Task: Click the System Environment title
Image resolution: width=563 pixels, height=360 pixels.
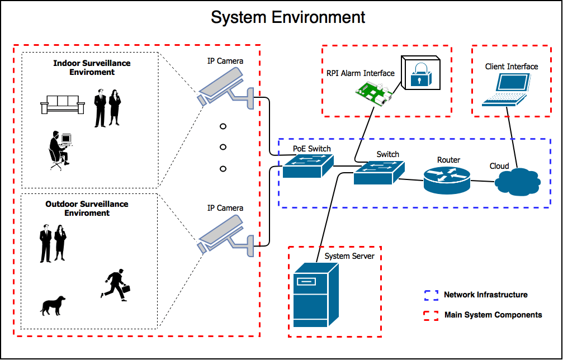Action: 288,17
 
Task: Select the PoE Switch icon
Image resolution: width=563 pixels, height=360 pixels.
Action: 307,166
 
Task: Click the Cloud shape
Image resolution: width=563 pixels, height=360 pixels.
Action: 517,182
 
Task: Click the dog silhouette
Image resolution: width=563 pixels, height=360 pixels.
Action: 53,305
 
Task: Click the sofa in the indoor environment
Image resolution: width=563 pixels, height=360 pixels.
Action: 61,104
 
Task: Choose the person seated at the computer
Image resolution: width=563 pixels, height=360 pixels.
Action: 59,150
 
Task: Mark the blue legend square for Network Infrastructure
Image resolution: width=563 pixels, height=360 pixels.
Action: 430,295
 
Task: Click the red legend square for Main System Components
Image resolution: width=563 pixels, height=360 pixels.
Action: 430,315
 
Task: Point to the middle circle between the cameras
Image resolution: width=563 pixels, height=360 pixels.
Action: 223,147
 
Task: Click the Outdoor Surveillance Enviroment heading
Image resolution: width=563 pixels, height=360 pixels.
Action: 87,209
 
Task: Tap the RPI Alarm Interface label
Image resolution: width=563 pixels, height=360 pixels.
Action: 361,73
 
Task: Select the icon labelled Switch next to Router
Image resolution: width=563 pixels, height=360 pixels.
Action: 379,173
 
